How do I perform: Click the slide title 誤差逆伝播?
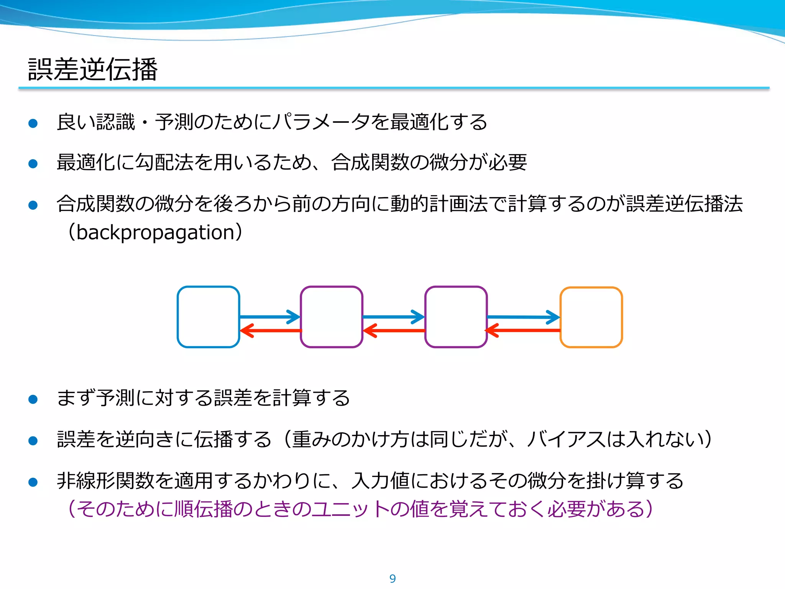point(93,69)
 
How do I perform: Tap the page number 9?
point(392,578)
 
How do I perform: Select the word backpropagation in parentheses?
point(155,232)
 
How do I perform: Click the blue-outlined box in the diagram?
point(209,317)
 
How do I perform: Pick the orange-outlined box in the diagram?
point(591,317)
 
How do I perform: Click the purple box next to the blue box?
point(332,317)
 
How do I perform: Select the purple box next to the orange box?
point(456,317)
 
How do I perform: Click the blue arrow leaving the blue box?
point(269,317)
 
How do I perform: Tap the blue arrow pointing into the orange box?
point(523,317)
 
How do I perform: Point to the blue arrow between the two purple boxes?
point(393,317)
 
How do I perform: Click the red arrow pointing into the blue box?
point(271,330)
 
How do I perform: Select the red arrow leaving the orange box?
point(523,330)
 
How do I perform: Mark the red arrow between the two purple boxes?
point(394,330)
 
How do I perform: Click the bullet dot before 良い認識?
point(33,123)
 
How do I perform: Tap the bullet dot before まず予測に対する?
point(33,399)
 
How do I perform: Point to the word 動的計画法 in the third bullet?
point(438,204)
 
